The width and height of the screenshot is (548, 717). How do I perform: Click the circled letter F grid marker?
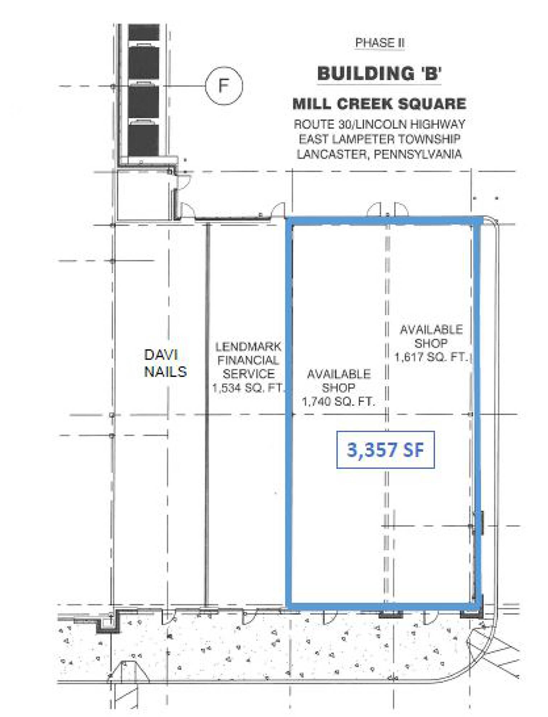(224, 86)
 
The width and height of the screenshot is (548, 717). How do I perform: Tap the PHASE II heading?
(380, 43)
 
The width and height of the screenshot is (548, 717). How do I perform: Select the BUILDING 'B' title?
(379, 73)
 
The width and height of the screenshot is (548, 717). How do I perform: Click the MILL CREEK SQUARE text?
(379, 104)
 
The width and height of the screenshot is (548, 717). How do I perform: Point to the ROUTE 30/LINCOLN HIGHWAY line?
(379, 124)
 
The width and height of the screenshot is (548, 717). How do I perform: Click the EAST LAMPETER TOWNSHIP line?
(379, 139)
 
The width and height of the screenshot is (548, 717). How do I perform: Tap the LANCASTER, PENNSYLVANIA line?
(379, 154)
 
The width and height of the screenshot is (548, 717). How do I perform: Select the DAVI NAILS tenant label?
(165, 363)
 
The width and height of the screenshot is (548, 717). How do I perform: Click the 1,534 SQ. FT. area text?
(248, 388)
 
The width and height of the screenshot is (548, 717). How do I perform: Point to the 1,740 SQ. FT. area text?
(338, 402)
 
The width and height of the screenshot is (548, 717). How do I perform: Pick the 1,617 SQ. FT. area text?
(431, 357)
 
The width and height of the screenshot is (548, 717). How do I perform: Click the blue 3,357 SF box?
(385, 450)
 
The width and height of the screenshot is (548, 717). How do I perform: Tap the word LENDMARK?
(248, 347)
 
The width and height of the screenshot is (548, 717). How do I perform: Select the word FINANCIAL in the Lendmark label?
(248, 360)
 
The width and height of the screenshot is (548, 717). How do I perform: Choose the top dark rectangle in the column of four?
(144, 33)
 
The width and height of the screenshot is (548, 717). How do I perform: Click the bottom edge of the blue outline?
(383, 606)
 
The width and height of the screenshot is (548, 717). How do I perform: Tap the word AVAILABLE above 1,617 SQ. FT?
(431, 329)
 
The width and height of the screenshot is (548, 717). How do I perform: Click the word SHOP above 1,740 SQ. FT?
(338, 388)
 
